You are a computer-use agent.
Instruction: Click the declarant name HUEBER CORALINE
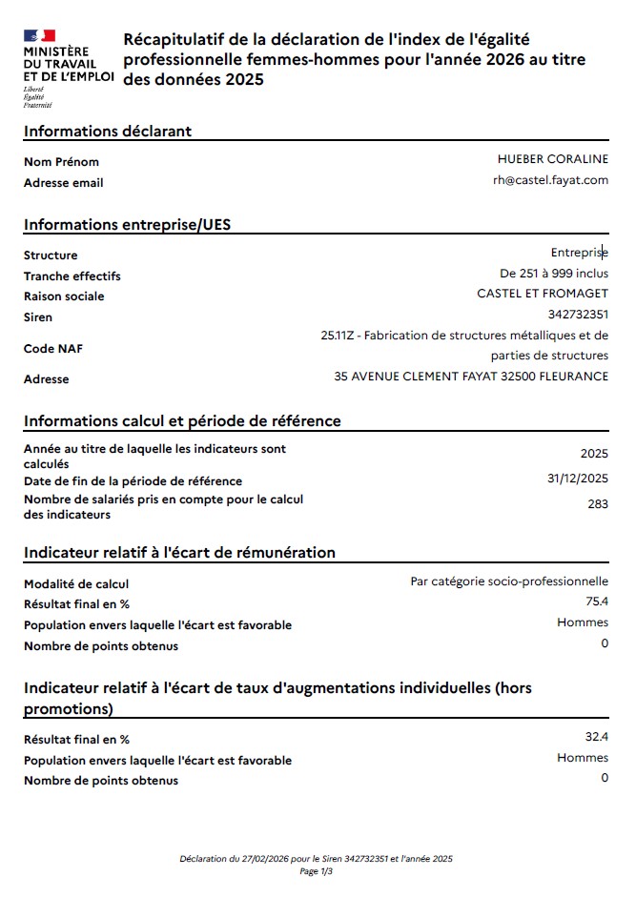click(x=552, y=159)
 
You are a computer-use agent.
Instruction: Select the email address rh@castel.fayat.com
click(x=550, y=180)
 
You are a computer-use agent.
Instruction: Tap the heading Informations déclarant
click(x=107, y=131)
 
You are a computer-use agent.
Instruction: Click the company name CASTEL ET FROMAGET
click(x=542, y=294)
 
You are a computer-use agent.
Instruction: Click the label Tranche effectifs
click(x=72, y=276)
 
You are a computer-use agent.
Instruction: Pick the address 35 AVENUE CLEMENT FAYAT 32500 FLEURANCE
click(x=471, y=377)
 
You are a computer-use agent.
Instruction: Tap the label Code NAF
click(x=53, y=349)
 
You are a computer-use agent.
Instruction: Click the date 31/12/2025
click(x=578, y=479)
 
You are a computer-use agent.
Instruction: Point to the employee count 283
click(x=598, y=504)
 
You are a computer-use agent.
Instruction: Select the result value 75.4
click(x=597, y=601)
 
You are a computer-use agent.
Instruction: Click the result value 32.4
click(x=597, y=737)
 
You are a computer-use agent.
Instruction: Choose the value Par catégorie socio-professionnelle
click(x=509, y=581)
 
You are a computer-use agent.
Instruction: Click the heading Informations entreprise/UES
click(x=127, y=225)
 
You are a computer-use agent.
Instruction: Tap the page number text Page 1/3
click(x=316, y=871)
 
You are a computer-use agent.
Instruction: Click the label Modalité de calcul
click(x=75, y=584)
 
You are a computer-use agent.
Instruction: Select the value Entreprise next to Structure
click(x=579, y=253)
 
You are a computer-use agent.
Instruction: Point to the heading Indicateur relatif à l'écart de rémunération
click(x=179, y=552)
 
